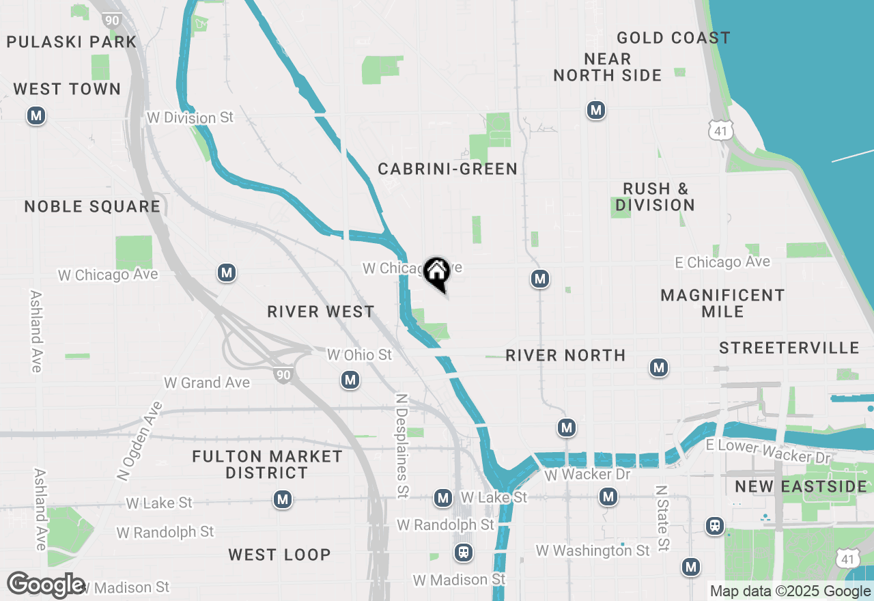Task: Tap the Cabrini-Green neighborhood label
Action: point(447,169)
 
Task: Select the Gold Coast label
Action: point(673,38)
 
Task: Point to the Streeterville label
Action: point(789,348)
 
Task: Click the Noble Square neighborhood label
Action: point(92,206)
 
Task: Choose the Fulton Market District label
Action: point(267,464)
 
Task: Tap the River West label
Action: point(320,312)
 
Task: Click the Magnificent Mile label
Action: point(722,303)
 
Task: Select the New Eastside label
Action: point(800,487)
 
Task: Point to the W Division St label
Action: point(190,118)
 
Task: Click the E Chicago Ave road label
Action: point(722,262)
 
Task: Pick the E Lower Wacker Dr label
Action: point(768,452)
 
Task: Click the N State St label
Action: point(661,518)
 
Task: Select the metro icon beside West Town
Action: point(36,116)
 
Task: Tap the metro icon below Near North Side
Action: point(596,110)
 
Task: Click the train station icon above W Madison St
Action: point(464,552)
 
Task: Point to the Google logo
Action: point(46,585)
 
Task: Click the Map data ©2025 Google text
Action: point(789,591)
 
